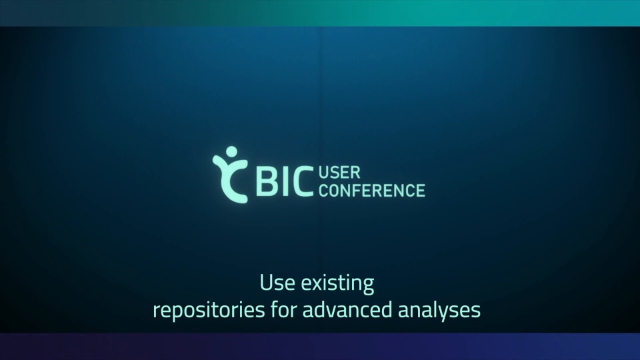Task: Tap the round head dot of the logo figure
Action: (231, 151)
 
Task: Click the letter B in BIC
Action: (267, 182)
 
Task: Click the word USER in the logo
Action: (339, 173)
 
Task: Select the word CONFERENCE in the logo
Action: (372, 190)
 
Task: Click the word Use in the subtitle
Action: (277, 283)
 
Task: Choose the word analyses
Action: (439, 310)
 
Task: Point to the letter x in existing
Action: (319, 285)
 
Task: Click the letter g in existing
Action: (368, 287)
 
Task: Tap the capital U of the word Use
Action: (266, 283)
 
